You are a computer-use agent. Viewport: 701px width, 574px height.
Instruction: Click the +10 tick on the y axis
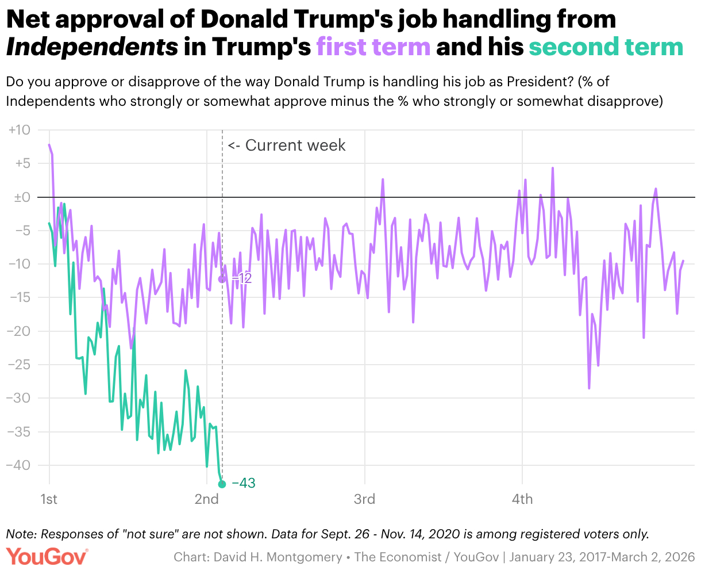click(x=20, y=131)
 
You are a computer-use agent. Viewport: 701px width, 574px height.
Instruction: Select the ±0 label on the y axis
click(x=21, y=197)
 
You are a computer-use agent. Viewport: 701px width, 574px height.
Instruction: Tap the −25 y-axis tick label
click(x=18, y=365)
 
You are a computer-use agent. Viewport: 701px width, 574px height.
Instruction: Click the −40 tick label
click(x=18, y=465)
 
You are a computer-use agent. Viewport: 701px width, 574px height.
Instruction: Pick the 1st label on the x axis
click(x=49, y=499)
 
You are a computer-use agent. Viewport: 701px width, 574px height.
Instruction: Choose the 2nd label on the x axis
click(x=207, y=499)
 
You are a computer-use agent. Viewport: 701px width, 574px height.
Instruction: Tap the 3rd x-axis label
click(x=364, y=499)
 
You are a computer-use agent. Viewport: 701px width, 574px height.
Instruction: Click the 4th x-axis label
click(x=522, y=499)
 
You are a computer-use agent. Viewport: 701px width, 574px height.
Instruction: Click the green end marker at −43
click(x=222, y=484)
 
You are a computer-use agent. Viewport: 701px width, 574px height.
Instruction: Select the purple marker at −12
click(x=222, y=279)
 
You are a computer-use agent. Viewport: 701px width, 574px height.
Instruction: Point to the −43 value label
click(x=244, y=484)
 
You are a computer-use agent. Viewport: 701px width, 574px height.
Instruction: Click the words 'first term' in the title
click(x=373, y=47)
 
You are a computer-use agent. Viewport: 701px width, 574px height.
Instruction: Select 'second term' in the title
click(x=606, y=47)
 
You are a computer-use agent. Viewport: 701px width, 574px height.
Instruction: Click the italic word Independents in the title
click(x=92, y=47)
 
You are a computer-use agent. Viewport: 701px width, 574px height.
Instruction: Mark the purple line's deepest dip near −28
click(x=589, y=388)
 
